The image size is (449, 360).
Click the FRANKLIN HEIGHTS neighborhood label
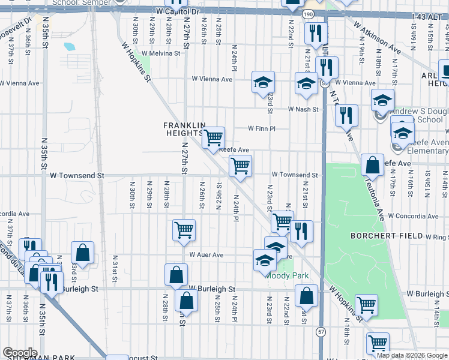click(x=184, y=128)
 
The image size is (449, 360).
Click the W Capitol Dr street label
click(x=176, y=11)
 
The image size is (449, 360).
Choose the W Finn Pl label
click(x=262, y=128)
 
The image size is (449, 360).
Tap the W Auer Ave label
click(x=206, y=255)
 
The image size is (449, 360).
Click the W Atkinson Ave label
click(x=378, y=36)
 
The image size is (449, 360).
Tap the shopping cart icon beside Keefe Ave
click(x=213, y=138)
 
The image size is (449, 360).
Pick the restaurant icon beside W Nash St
click(x=346, y=114)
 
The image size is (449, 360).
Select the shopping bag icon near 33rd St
click(x=82, y=253)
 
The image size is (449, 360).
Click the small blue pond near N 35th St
click(x=69, y=46)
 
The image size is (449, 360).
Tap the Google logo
click(x=20, y=353)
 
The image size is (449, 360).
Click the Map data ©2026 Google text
click(x=411, y=355)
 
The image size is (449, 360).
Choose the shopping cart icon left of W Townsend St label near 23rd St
click(x=240, y=166)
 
